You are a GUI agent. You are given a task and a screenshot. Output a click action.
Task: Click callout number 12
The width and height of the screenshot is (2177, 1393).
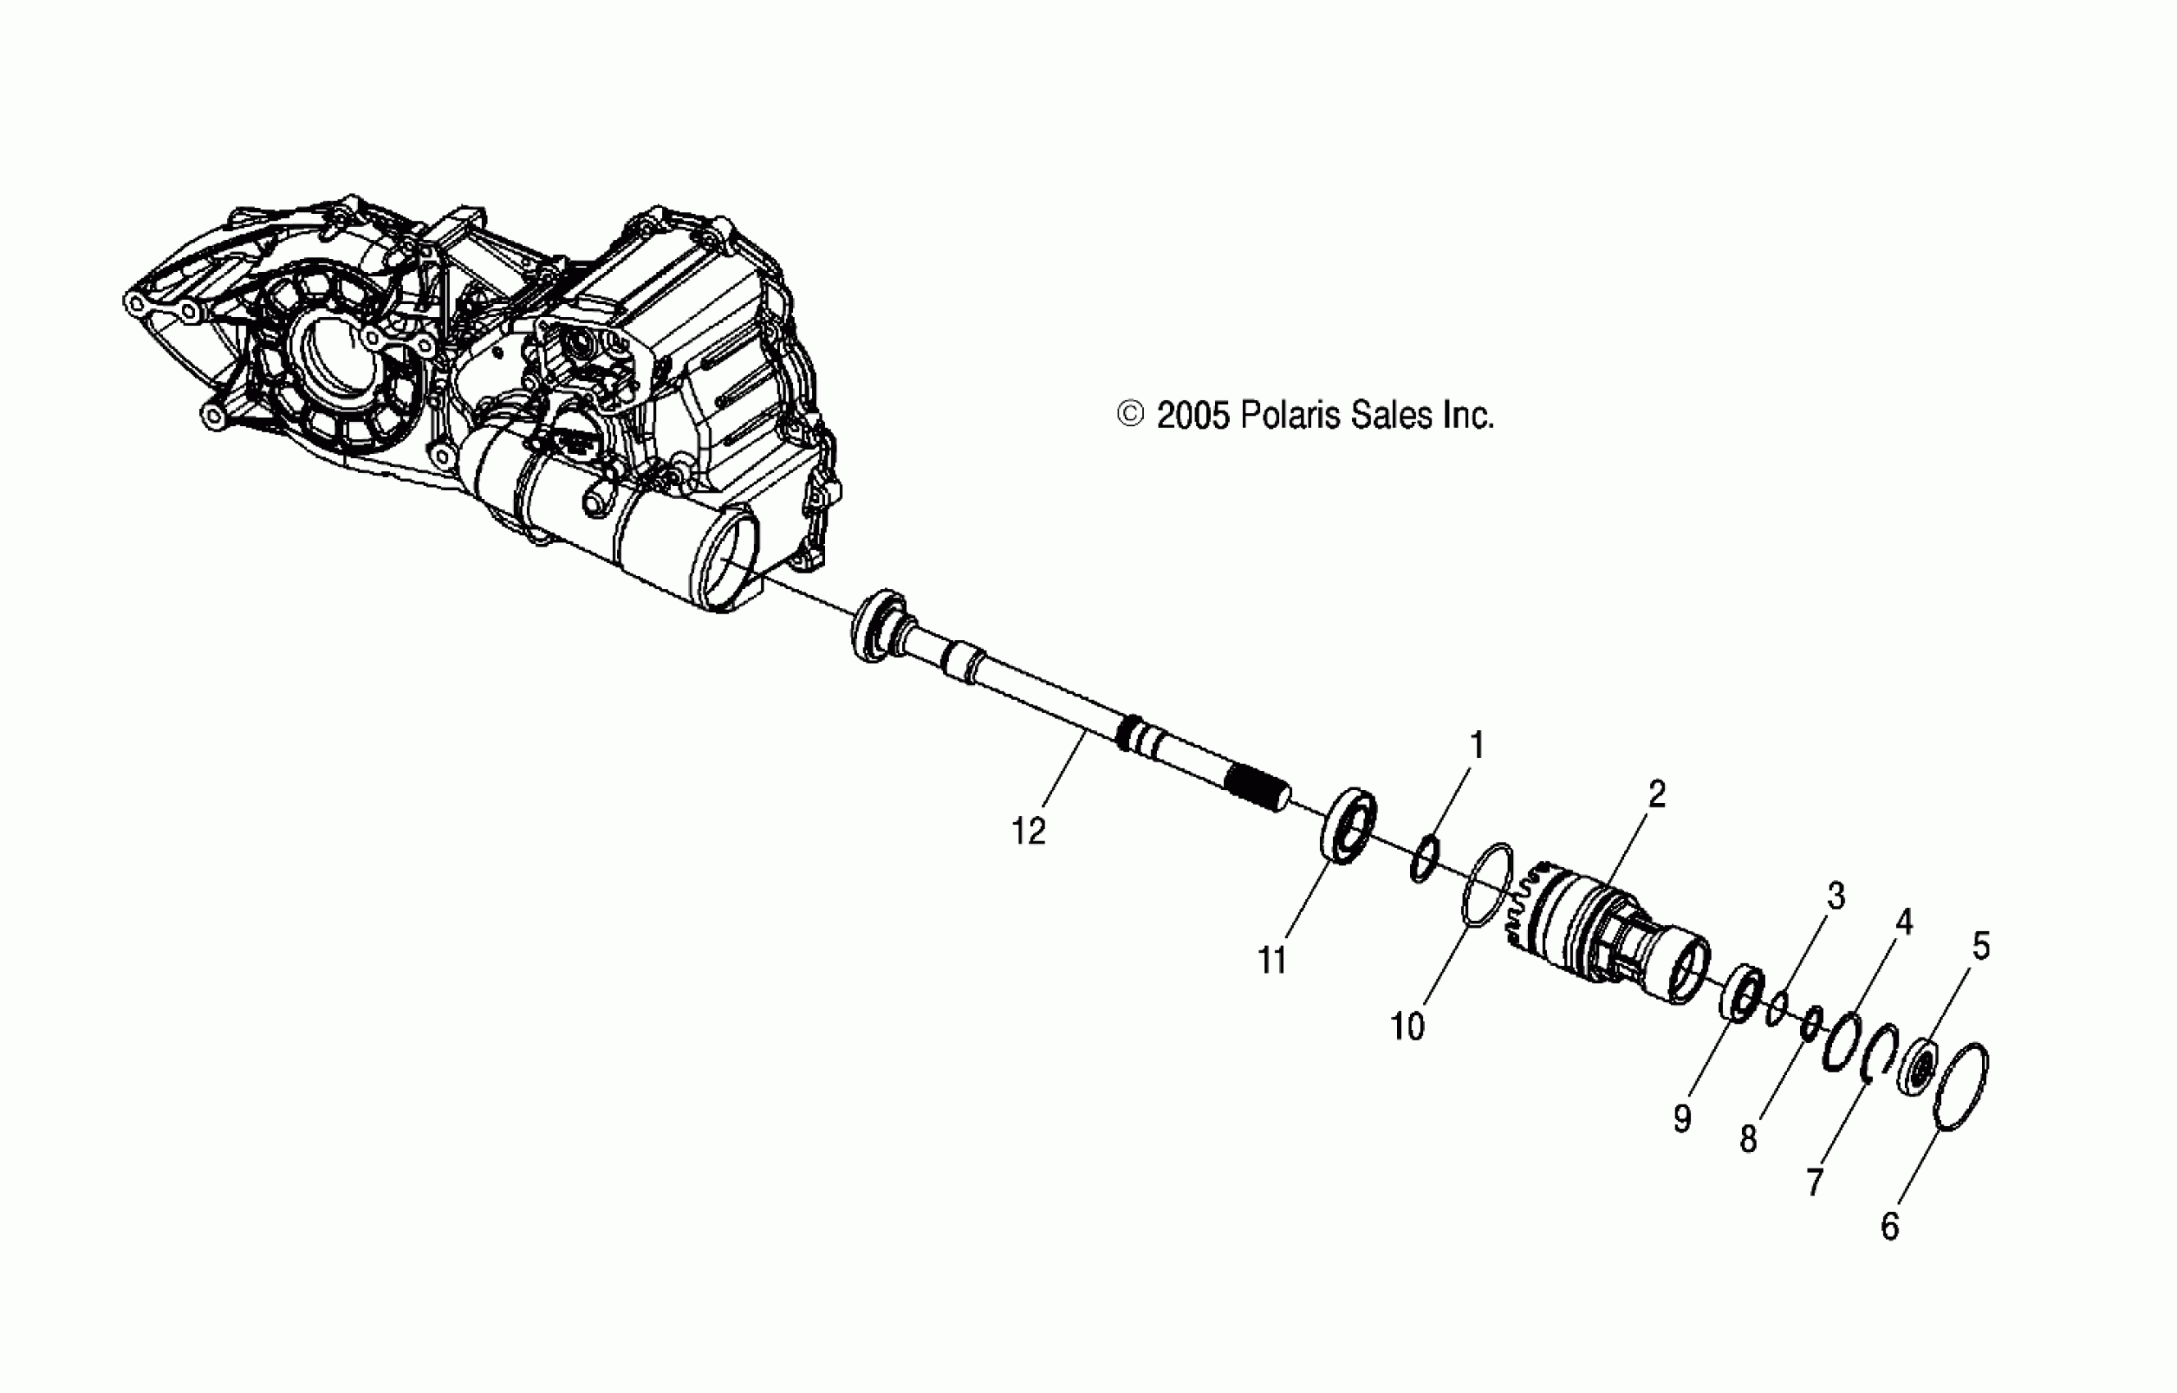click(x=1027, y=830)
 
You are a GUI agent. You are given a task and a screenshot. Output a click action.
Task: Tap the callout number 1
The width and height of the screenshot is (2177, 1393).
click(x=1476, y=746)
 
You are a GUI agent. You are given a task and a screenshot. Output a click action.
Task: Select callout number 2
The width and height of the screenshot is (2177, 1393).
click(x=1656, y=794)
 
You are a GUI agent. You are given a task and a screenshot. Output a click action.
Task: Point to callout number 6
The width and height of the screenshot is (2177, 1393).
click(x=1889, y=1227)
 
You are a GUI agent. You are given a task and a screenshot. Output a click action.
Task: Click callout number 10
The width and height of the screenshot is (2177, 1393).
click(x=1408, y=1027)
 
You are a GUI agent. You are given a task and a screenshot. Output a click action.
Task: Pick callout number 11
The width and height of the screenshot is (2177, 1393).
click(x=1272, y=960)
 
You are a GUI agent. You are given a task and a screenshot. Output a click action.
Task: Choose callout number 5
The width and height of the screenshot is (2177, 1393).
click(x=1980, y=946)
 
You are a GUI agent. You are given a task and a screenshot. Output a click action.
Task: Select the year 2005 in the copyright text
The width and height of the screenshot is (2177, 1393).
click(x=1193, y=415)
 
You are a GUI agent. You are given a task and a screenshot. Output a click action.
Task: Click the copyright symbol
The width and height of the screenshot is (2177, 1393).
click(x=1131, y=415)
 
